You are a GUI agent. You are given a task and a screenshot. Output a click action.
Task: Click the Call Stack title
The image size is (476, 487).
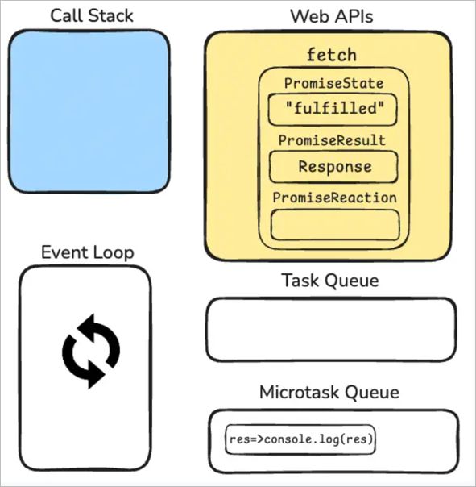pos(92,15)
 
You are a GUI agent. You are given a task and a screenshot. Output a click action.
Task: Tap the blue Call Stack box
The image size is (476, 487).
pos(89,111)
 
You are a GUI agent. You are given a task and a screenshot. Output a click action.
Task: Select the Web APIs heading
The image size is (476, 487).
pos(331,16)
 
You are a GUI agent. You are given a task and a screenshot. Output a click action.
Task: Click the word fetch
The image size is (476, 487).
pos(331,55)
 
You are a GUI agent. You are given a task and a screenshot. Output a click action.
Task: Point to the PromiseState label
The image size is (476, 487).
pos(334,83)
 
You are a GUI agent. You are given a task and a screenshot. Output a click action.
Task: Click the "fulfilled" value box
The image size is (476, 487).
pos(333,110)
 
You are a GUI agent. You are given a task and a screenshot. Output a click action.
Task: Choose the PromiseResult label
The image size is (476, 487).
pos(332,140)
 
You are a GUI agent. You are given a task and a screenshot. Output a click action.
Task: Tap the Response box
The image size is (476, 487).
pos(333,167)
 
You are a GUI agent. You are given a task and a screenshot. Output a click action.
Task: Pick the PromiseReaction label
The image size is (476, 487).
pos(334,198)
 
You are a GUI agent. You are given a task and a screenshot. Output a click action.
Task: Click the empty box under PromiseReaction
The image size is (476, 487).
pos(335,225)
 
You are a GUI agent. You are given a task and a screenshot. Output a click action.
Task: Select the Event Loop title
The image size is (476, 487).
pos(88,252)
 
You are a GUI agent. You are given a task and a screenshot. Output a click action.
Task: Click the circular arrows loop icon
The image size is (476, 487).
pos(90,352)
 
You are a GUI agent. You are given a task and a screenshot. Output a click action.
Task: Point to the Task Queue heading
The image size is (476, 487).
pos(330,281)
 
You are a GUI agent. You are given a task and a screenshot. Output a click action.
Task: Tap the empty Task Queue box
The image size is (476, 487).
pos(331,330)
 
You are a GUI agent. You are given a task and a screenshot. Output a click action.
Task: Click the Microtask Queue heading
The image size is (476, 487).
pos(329,393)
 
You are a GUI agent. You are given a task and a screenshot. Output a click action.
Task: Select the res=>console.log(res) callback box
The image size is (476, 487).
pos(300,439)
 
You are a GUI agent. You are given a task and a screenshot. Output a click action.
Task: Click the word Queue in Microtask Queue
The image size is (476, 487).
pos(372,393)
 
